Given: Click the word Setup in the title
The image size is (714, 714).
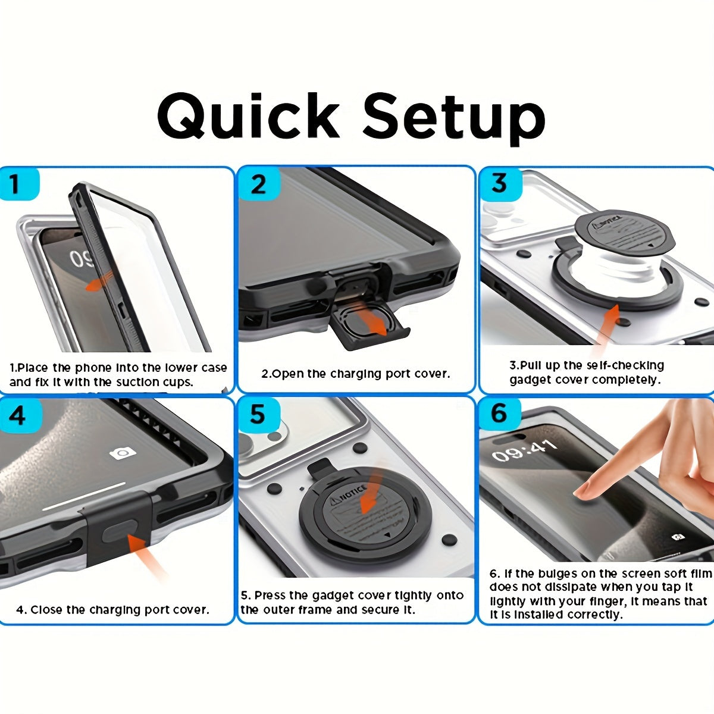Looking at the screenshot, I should click(x=454, y=117).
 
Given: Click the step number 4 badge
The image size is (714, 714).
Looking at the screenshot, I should click(x=17, y=415).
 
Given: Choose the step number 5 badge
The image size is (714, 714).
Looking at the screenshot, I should click(x=258, y=414).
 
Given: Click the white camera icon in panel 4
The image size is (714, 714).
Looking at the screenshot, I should click(x=123, y=453).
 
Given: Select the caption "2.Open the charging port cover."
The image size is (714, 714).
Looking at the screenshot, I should click(x=356, y=374).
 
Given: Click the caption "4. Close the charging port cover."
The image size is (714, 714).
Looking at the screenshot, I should click(x=112, y=610).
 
